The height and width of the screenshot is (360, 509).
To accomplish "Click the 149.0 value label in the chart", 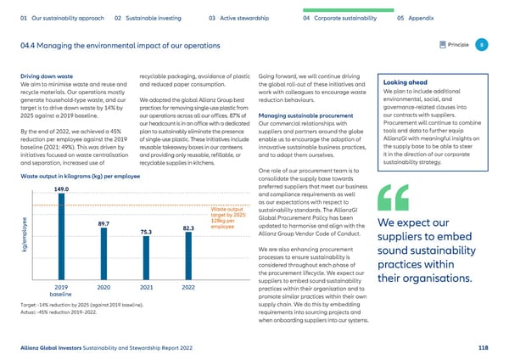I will tap(61, 188).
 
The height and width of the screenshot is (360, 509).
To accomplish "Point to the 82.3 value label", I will tap(189, 228).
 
